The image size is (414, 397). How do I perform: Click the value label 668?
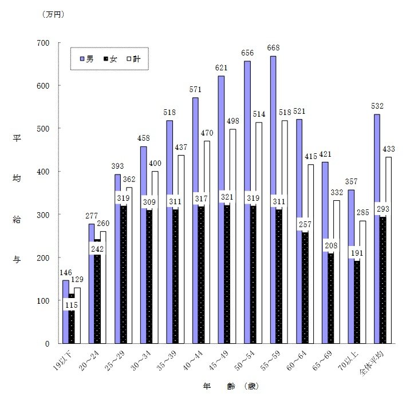tap(273, 48)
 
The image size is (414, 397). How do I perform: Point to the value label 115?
tap(71, 305)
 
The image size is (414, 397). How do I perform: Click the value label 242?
tap(97, 249)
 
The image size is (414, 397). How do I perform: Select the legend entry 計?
tap(134, 58)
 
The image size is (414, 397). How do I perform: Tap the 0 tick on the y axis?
tap(49, 344)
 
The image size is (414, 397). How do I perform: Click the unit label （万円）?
tap(53, 15)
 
